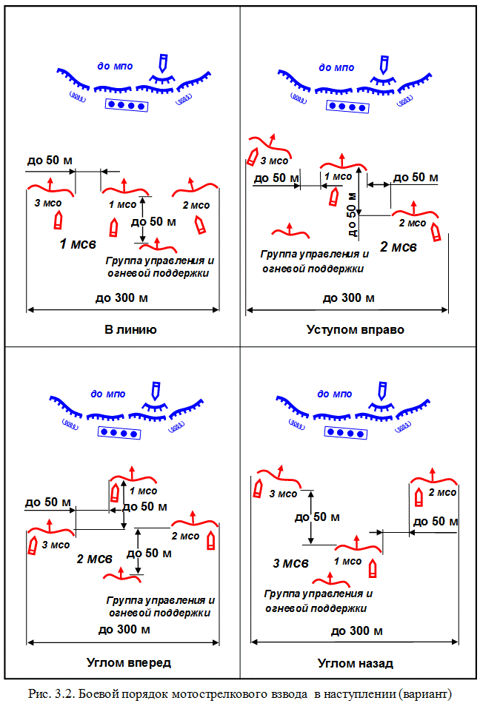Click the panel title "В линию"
coord(130,329)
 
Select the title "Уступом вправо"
coord(355,329)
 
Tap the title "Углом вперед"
coord(127,662)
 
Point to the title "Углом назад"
coord(356,662)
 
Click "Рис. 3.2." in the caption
coord(50,693)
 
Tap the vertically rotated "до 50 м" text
coord(352,215)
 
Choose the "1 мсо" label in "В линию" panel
coord(122,204)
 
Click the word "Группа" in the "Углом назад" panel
coord(281,594)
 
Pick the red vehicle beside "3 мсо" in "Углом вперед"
coord(33,545)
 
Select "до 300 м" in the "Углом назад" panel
coord(356,631)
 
